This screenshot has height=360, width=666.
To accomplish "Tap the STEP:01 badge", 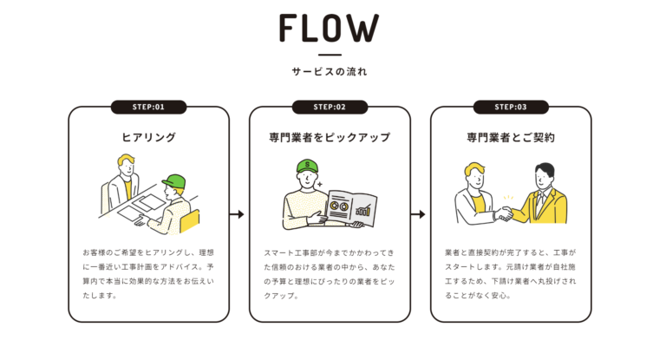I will click(x=148, y=108).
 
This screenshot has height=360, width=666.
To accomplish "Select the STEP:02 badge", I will click(x=330, y=108).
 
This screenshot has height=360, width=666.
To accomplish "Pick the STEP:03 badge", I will click(x=510, y=108).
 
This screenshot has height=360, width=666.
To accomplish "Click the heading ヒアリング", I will click(x=148, y=137).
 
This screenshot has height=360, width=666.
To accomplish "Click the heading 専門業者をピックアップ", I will click(x=330, y=137).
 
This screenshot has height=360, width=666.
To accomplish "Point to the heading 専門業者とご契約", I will click(x=510, y=137).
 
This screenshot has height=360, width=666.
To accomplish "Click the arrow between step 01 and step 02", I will click(x=237, y=213).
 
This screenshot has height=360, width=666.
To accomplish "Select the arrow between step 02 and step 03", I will click(x=418, y=213).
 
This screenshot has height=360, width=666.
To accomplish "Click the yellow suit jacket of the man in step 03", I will click(x=551, y=208).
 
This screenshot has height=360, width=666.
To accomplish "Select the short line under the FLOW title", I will click(x=330, y=56).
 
